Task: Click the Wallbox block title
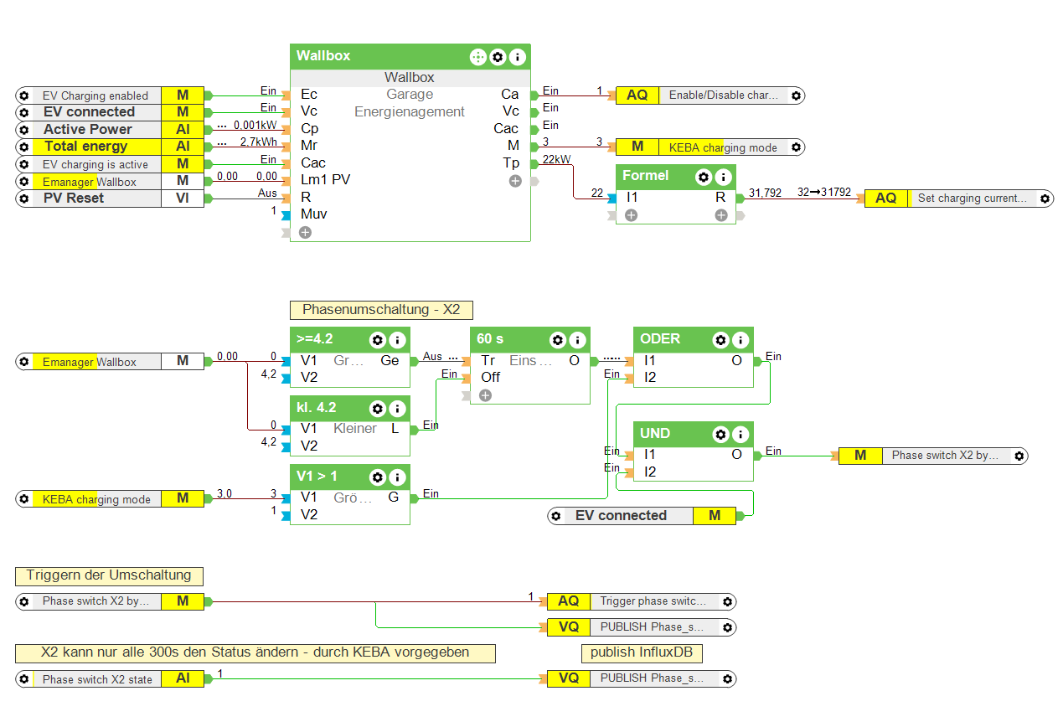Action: coord(323,56)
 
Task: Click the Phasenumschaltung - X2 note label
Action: coord(381,310)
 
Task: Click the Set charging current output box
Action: coord(972,199)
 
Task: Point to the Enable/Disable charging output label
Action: coord(723,95)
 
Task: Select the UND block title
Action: coord(655,433)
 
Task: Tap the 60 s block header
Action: coord(490,339)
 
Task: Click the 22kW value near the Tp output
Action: coord(556,159)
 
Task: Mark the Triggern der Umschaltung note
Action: coord(109,575)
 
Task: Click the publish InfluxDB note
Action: coord(642,652)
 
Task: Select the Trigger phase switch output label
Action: coord(653,601)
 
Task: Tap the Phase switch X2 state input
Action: coord(97,679)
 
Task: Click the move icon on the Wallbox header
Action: coord(477,57)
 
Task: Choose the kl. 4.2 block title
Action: coord(316,407)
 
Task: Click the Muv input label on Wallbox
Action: coord(313,214)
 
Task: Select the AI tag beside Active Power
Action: coord(183,130)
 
